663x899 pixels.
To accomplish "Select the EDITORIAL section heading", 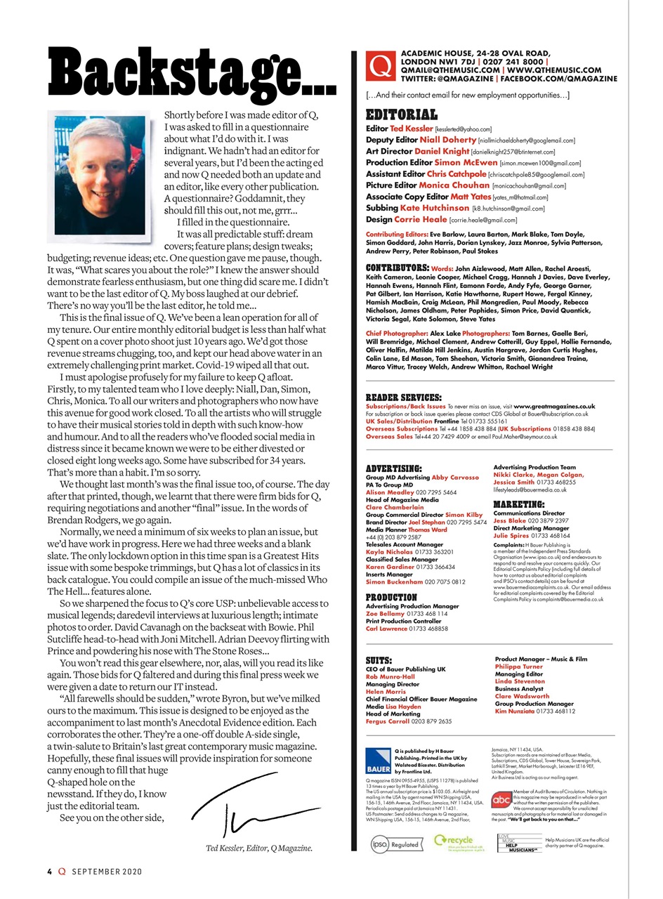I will (402, 114).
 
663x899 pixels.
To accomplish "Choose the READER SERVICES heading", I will (404, 398).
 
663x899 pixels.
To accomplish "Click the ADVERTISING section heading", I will (394, 468).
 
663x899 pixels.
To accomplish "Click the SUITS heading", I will (379, 660).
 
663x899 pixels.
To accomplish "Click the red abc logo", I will (501, 799).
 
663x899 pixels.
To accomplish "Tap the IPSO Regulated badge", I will (395, 844).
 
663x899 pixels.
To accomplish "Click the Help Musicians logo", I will (519, 843).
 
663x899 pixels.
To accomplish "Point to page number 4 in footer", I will (50, 872).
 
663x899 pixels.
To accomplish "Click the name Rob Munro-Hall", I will (389, 677).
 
